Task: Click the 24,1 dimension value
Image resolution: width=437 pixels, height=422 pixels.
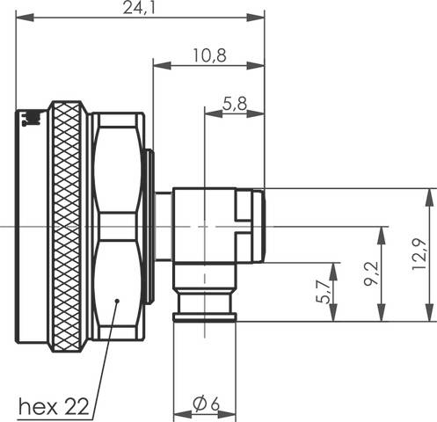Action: [141, 9]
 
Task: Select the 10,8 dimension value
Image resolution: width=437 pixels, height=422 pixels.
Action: [208, 55]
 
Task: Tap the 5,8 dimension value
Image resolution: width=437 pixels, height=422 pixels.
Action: [234, 103]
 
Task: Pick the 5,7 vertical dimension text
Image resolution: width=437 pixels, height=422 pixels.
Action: [323, 291]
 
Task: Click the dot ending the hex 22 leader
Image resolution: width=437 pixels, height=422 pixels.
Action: [117, 302]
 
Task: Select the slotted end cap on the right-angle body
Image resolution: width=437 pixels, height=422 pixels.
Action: [251, 226]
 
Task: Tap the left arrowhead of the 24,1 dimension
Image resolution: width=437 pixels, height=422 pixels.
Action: [22, 18]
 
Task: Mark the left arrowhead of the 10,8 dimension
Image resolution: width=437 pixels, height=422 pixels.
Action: [159, 63]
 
